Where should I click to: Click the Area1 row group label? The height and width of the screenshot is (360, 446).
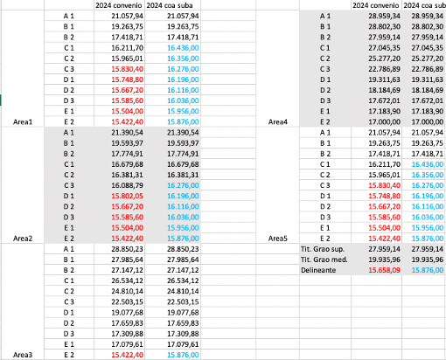pos(18,122)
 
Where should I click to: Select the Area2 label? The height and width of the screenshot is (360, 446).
pos(18,237)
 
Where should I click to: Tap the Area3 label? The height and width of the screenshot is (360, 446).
pos(18,353)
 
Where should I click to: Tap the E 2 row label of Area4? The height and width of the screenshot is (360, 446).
pos(326,122)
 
